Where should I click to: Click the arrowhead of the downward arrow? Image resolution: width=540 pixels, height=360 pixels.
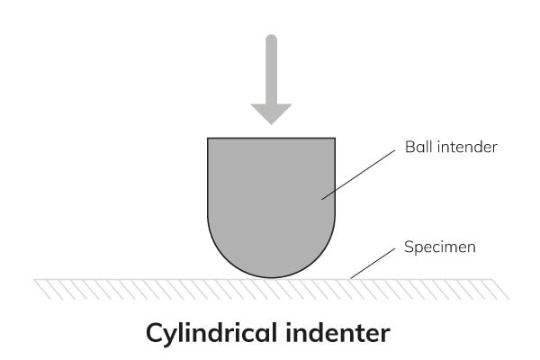(271, 112)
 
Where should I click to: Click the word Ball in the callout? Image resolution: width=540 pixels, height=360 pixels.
(418, 147)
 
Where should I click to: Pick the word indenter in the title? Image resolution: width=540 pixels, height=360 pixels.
(345, 332)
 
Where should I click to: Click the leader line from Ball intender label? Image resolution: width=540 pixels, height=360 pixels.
(358, 172)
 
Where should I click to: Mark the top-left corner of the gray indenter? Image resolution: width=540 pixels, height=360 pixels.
(208, 138)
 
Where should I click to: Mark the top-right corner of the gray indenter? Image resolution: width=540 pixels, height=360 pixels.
(335, 138)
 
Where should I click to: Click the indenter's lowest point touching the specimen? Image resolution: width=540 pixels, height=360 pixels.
(271, 278)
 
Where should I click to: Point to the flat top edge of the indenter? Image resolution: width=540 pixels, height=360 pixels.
(271, 138)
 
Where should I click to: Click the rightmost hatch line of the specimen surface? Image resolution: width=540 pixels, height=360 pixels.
(501, 289)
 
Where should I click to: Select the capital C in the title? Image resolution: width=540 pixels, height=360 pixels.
(157, 332)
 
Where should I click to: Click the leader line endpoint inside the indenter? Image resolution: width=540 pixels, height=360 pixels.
(322, 198)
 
